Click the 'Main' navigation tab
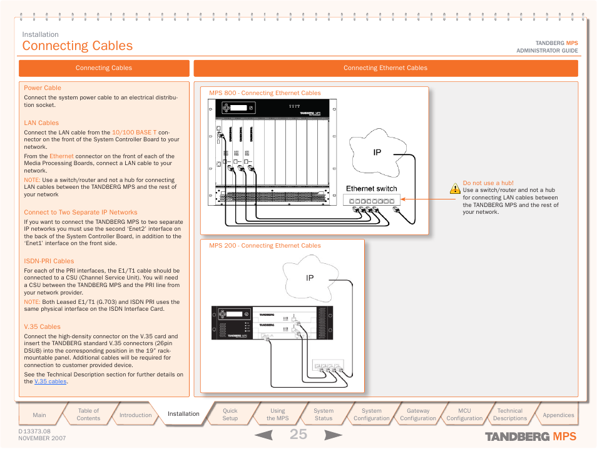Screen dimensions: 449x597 (39, 415)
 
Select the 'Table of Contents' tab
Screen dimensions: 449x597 (88, 415)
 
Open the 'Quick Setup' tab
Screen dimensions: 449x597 (230, 415)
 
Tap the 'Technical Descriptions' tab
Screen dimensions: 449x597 (509, 415)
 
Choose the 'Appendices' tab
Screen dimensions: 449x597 (558, 415)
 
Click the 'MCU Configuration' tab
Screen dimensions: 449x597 (464, 415)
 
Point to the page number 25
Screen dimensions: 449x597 (298, 435)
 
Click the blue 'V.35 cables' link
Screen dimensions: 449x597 (50, 381)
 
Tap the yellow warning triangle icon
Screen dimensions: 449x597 (455, 187)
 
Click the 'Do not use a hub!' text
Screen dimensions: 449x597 (488, 183)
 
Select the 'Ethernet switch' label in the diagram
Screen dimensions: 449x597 (371, 188)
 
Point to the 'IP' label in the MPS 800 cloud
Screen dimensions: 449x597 (377, 153)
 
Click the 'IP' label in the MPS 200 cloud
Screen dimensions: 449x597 (310, 278)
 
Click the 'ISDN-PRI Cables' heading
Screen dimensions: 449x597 (49, 261)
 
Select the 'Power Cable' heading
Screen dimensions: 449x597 (43, 88)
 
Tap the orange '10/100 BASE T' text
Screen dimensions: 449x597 (134, 133)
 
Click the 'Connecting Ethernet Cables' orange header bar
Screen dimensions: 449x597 (385, 68)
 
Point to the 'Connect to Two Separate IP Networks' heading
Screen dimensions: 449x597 (81, 213)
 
